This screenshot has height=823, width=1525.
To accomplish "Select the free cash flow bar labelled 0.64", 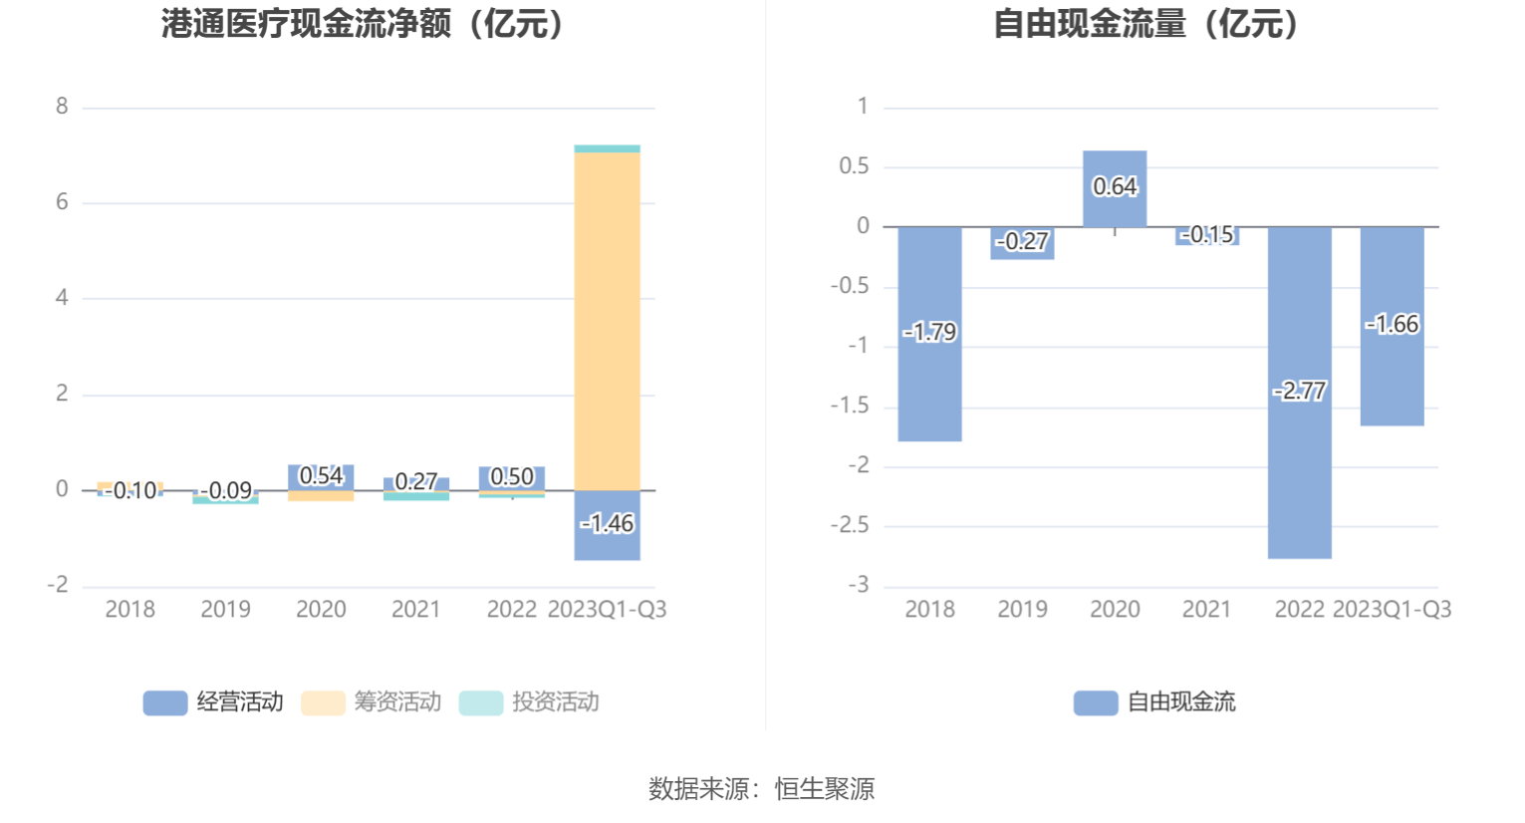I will [x=1115, y=204].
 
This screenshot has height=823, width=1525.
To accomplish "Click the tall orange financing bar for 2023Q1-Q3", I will [x=607, y=319].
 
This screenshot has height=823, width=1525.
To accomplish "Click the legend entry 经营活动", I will [x=214, y=702].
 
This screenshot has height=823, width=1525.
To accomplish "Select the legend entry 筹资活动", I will [x=372, y=702].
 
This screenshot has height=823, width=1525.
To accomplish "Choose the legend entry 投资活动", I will [x=530, y=702].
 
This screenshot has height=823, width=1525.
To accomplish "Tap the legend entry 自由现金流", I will [x=1155, y=702].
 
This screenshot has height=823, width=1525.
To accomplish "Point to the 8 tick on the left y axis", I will [x=62, y=107].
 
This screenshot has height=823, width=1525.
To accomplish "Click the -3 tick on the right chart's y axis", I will [x=859, y=585].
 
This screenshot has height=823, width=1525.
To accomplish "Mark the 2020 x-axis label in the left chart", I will [x=321, y=609].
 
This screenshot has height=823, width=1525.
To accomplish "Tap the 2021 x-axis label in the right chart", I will [x=1206, y=609].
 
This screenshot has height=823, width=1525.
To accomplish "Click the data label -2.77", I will [x=1300, y=391].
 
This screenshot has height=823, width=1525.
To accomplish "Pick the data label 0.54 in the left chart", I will [x=321, y=476].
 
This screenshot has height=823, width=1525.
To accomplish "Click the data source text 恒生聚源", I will [x=825, y=789].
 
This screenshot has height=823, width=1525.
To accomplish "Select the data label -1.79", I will [x=930, y=332].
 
